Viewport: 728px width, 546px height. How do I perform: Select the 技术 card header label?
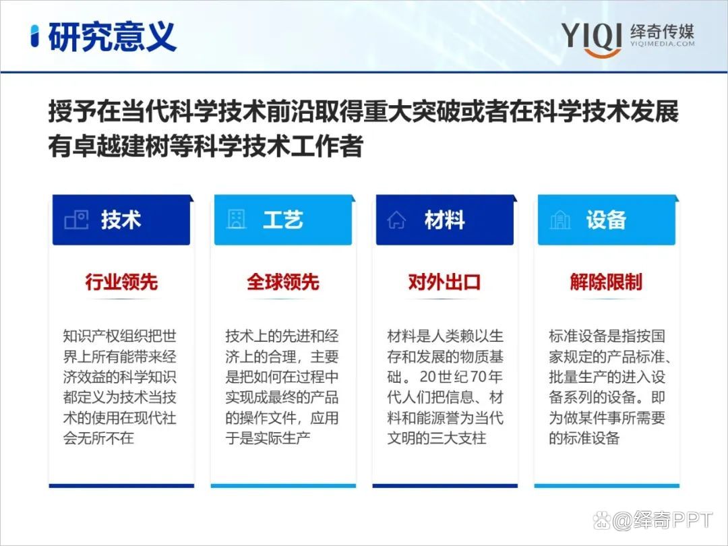121,220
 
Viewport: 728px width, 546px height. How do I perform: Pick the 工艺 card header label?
282,220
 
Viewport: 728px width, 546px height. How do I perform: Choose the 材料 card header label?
444,220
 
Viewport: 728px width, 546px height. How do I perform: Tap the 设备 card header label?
606,220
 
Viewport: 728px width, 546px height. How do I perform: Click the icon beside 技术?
75,220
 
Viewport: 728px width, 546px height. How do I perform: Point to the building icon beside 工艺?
236,220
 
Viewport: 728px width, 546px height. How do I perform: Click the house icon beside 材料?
396,220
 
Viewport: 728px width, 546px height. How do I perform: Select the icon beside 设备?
559,220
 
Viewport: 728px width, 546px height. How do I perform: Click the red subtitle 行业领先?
121,282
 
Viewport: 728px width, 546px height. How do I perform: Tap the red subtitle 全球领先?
282,282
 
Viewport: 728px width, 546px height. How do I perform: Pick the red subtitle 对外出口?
444,282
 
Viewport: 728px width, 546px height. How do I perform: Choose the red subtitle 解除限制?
606,282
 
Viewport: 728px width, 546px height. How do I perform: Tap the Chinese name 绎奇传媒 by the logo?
661,30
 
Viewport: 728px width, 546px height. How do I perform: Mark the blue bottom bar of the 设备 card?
606,485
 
